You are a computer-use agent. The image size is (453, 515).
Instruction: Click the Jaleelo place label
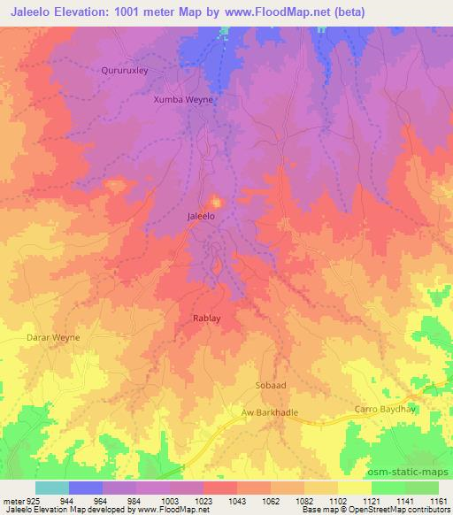pos(201,216)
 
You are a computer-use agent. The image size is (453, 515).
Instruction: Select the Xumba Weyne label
pos(183,100)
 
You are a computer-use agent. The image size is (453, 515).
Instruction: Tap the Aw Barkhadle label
pos(273,412)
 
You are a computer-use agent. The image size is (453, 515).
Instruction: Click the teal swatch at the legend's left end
pos(51,488)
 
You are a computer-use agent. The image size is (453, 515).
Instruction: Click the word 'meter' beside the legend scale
pos(11,501)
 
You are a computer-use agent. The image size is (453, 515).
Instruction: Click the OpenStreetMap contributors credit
pos(401,511)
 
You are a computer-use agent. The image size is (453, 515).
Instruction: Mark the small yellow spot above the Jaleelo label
pos(215,200)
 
